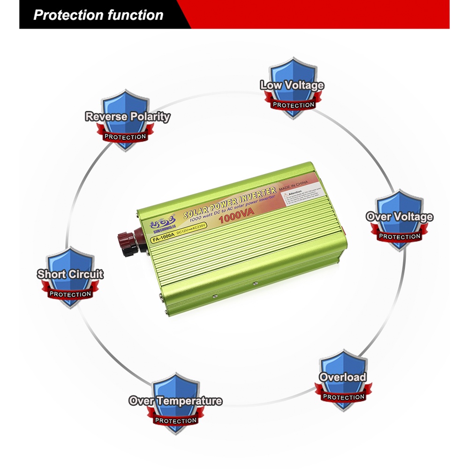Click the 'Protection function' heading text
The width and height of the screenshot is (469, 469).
(x=98, y=15)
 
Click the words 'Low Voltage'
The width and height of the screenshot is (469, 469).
(x=292, y=85)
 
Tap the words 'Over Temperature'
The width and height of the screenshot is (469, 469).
(x=175, y=401)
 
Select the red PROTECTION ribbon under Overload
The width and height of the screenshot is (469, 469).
(x=343, y=397)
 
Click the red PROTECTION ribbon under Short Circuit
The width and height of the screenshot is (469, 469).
(x=70, y=294)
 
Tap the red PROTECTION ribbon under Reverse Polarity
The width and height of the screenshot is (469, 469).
(x=125, y=137)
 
